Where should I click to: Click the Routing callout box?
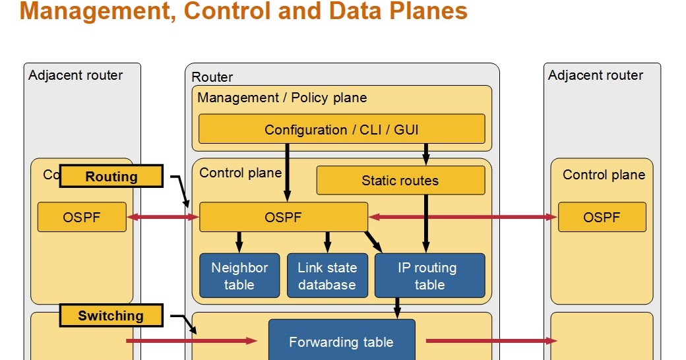111,176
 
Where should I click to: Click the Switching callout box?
111,315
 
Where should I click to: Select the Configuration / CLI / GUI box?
342,129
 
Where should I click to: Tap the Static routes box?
400,180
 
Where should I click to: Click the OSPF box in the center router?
284,217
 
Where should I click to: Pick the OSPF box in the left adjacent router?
82,217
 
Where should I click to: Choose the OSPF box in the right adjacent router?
602,217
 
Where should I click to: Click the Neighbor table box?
239,276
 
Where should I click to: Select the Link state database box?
327,276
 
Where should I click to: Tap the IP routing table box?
429,276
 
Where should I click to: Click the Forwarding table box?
342,341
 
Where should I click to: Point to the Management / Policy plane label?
282,98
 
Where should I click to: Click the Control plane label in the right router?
604,175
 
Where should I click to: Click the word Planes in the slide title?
428,11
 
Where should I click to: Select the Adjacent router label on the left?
76,75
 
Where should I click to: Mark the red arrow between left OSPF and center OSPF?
163,217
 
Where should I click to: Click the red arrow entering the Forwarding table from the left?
192,341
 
